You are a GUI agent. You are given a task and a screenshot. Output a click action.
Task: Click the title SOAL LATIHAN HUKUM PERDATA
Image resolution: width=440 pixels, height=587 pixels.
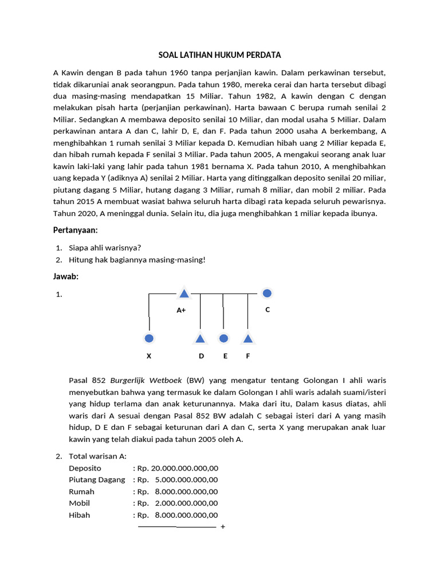coord(219,55)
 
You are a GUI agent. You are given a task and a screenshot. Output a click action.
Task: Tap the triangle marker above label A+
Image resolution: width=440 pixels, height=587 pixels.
coord(184,293)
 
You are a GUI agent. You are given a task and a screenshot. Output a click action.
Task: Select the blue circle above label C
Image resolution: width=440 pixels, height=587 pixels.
coord(266,293)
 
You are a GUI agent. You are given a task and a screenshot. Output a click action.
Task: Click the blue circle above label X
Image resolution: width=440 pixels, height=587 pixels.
coord(149,338)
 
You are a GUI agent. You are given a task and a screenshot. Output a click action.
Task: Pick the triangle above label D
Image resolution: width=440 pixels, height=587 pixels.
coord(201,338)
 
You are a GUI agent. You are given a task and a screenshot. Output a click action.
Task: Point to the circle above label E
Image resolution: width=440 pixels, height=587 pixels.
coord(224,338)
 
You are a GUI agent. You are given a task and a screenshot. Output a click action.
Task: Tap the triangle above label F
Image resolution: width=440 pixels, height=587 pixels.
coord(247,338)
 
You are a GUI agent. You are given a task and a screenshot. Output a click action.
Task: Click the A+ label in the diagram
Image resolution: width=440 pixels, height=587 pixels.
coord(181,310)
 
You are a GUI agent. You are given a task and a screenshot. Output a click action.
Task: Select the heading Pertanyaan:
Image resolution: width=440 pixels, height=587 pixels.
coord(76,230)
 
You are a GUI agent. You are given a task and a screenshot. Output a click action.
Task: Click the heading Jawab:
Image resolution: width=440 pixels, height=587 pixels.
coord(66,276)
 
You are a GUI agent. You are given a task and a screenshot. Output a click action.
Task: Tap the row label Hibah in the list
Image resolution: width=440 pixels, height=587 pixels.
coord(79,515)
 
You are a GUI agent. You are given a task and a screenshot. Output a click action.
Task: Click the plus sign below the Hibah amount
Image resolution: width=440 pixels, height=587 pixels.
coord(223,527)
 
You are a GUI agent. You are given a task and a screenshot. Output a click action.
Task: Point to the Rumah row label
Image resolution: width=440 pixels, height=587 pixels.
coord(81,491)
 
